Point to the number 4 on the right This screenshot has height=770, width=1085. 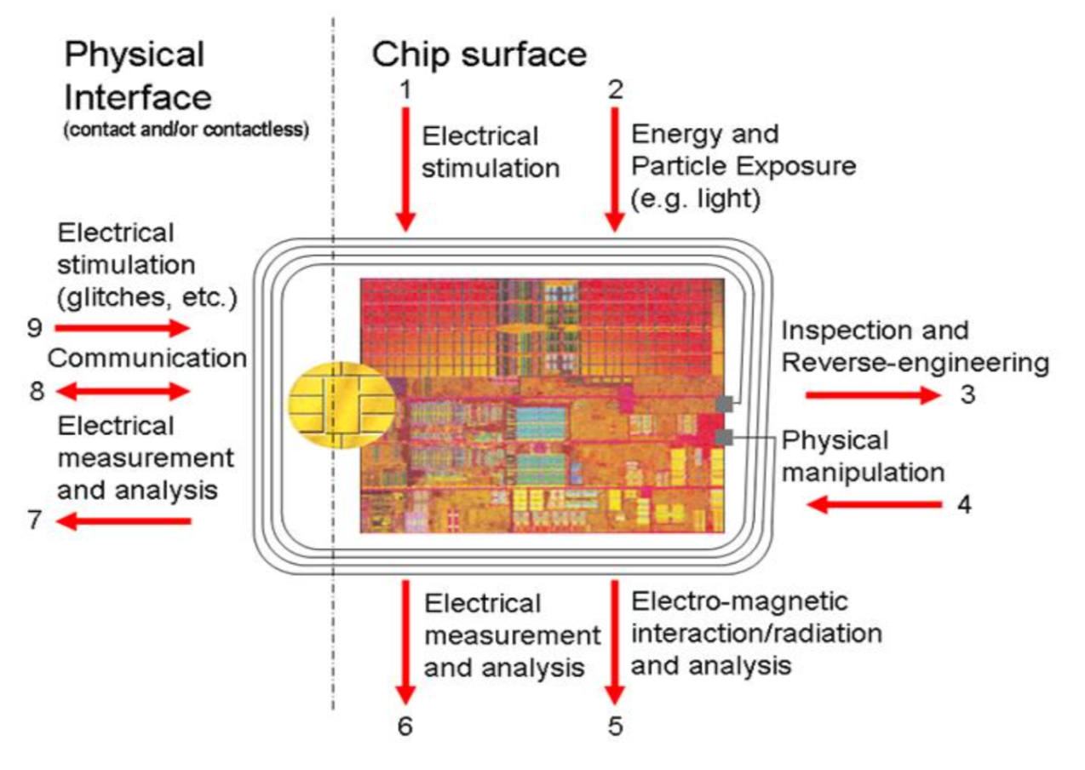tap(964, 504)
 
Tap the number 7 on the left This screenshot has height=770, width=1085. tap(34, 520)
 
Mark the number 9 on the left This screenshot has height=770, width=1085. tap(34, 327)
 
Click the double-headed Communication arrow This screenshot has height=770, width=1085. tap(123, 391)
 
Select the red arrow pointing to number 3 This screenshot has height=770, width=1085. tap(869, 395)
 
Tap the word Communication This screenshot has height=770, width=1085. tap(147, 358)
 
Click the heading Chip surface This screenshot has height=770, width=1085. tap(479, 55)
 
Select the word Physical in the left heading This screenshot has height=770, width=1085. tap(135, 55)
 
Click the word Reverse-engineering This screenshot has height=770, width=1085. tap(915, 363)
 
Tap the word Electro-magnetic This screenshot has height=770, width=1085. tap(740, 602)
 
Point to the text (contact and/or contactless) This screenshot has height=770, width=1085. tap(187, 132)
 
